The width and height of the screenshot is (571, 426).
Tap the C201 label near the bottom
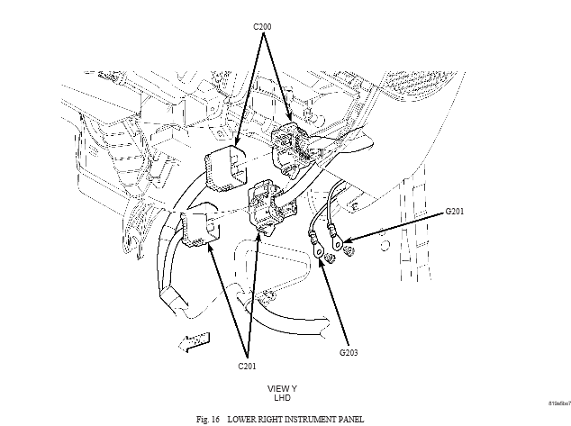point(249,366)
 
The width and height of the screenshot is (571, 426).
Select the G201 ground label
point(458,213)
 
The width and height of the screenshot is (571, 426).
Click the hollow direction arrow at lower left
point(194,341)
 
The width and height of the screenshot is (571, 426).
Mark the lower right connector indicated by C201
point(268,208)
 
